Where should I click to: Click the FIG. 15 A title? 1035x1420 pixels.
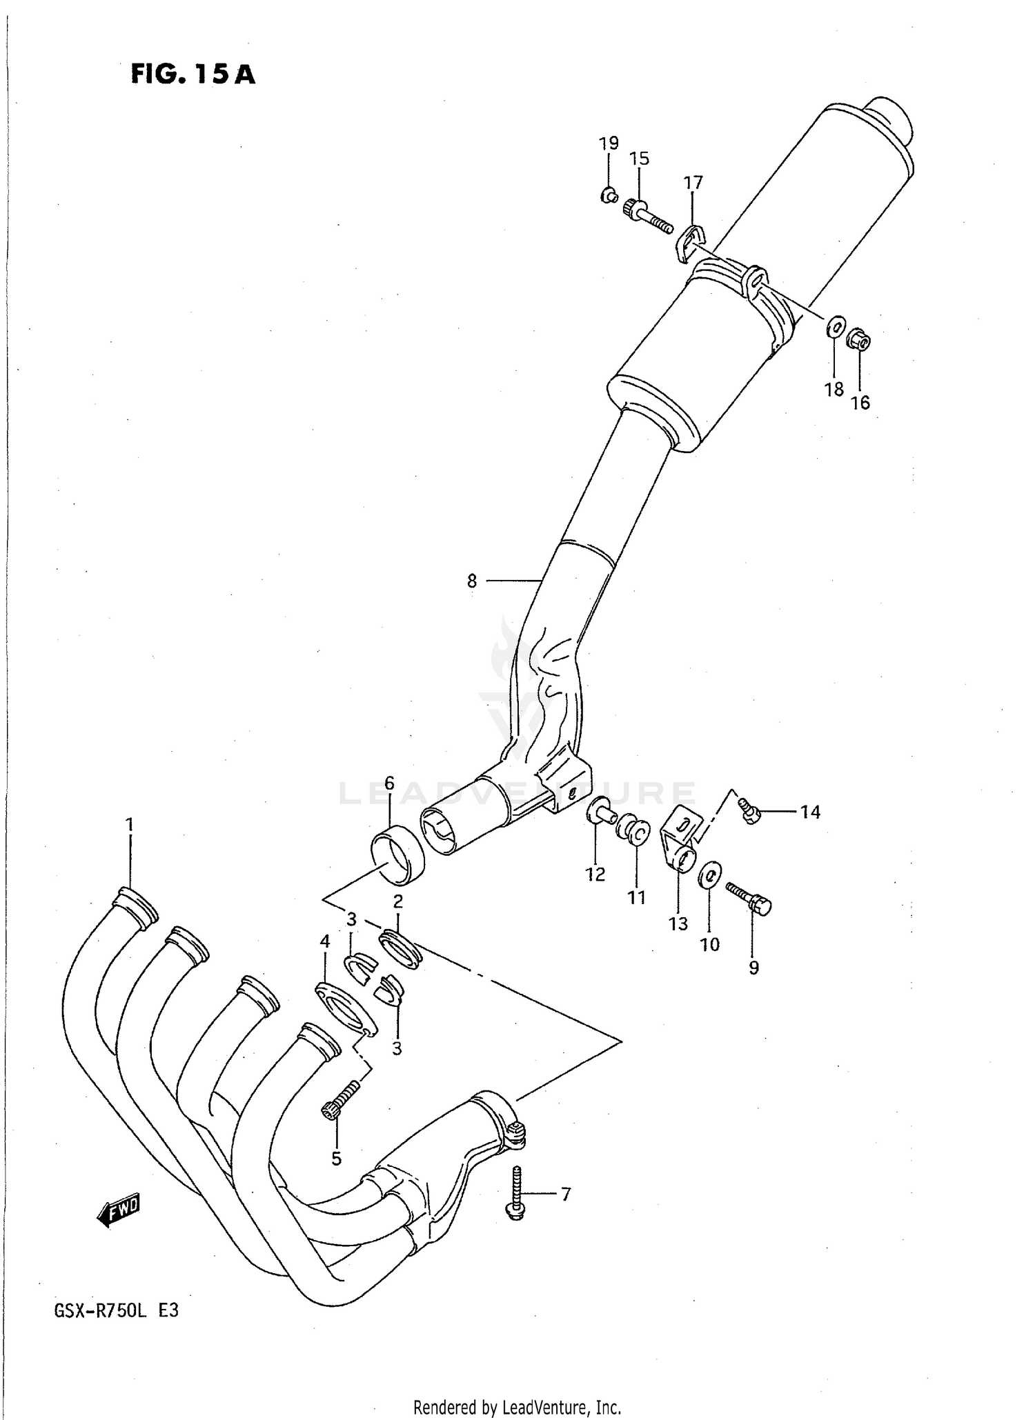point(193,74)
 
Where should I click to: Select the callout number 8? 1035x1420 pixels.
point(472,581)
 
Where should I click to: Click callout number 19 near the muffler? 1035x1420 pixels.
point(608,143)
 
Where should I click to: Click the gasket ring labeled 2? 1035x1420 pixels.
point(400,948)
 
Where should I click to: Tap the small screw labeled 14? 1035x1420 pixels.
point(748,811)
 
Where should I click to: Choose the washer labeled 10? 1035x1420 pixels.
point(710,875)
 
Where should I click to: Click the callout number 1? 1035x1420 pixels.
point(129,825)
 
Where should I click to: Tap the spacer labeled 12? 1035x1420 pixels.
point(600,812)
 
